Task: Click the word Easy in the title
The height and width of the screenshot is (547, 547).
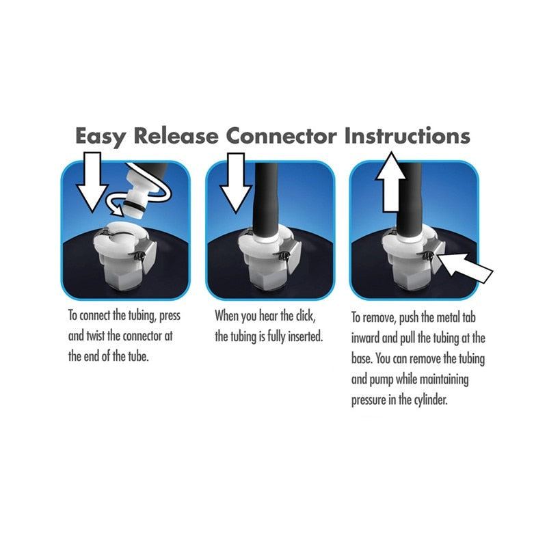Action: (101, 135)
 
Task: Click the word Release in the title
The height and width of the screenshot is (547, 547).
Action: (177, 135)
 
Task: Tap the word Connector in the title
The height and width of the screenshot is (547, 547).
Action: (281, 135)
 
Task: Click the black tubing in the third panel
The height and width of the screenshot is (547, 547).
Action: (410, 198)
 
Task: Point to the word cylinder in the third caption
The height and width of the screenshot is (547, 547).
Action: (429, 400)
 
